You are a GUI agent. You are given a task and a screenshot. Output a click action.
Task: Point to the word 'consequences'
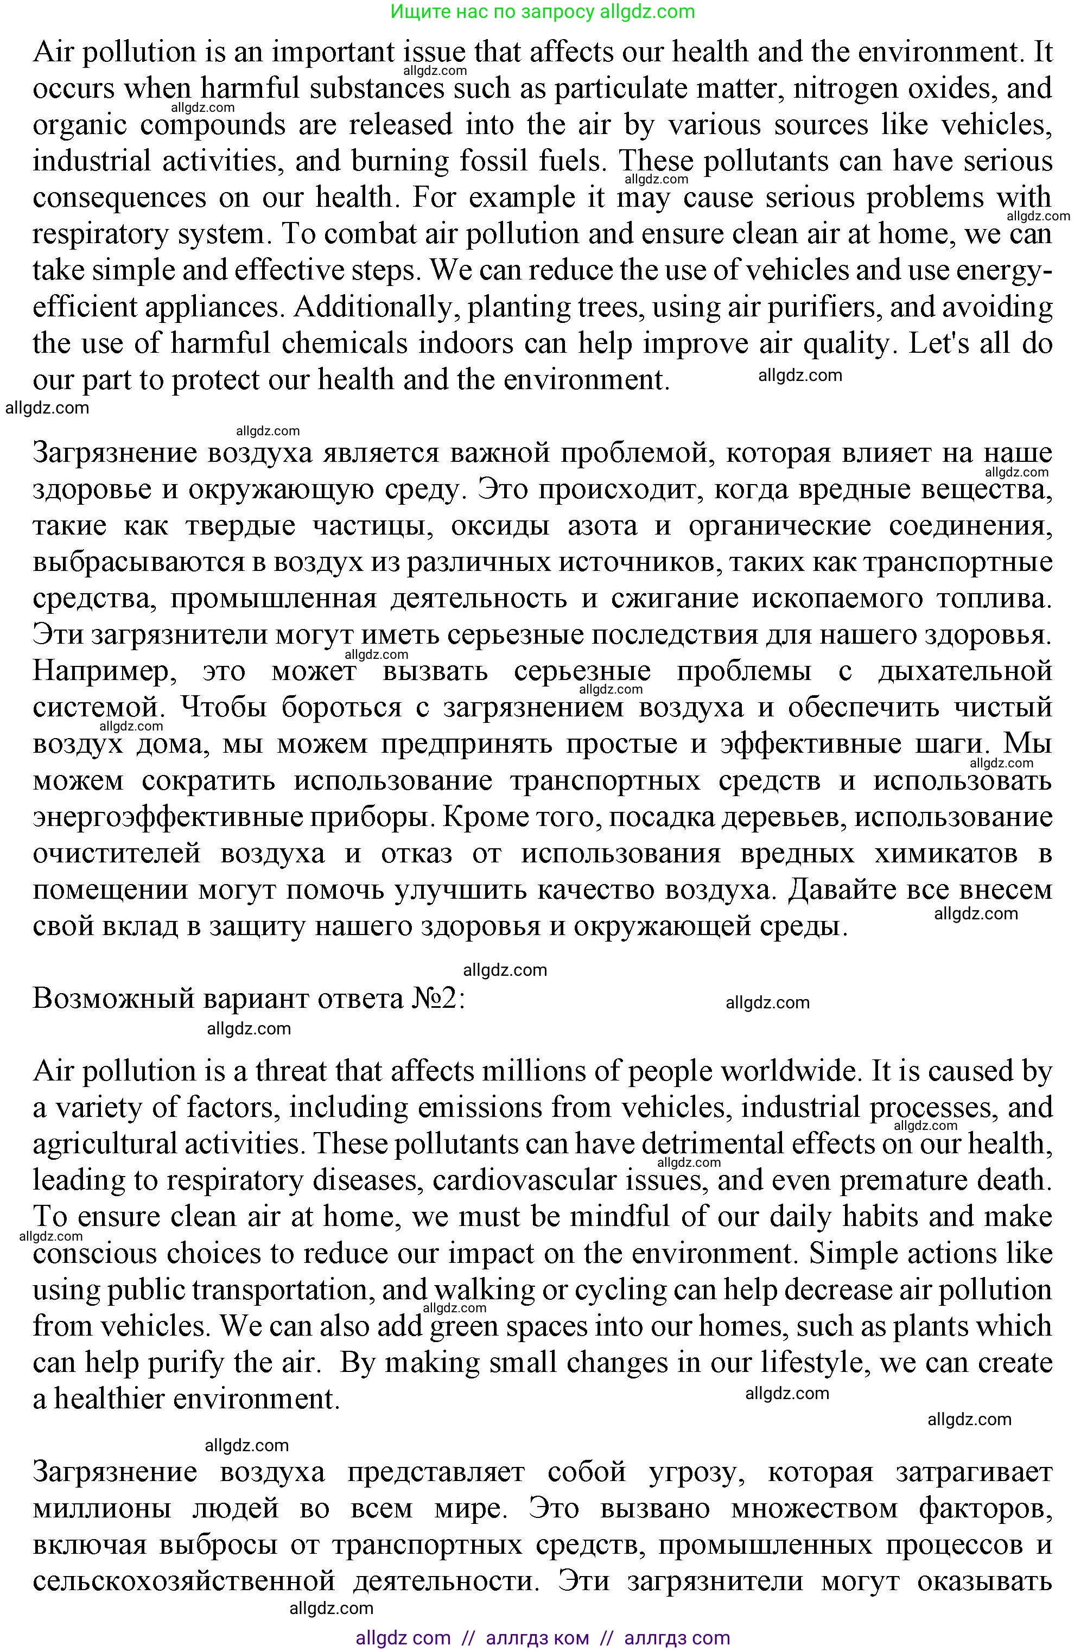(119, 198)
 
